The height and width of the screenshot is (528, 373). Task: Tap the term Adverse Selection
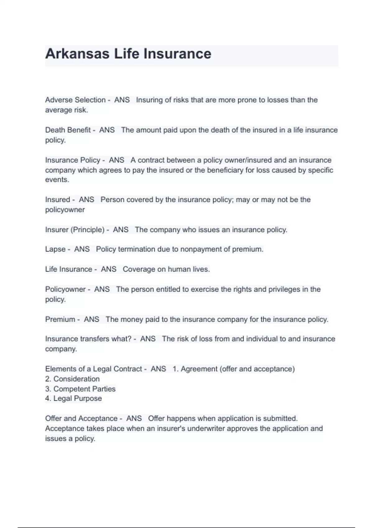pos(75,100)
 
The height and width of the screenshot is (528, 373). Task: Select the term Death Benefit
pos(68,130)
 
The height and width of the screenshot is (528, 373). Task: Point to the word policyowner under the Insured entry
pos(65,210)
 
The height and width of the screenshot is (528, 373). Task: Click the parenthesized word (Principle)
pos(87,230)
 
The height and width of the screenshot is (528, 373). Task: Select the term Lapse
pos(55,249)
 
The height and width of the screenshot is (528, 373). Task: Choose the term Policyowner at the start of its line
pos(65,289)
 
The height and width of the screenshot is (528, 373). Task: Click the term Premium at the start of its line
pos(60,319)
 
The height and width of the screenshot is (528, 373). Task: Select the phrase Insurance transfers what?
pos(88,339)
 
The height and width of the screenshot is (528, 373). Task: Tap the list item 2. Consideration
pos(72,379)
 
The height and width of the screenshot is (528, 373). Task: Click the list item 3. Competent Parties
pos(80,389)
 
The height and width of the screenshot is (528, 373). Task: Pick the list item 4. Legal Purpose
pos(73,398)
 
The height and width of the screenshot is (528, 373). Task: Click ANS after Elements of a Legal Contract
pos(158,369)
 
